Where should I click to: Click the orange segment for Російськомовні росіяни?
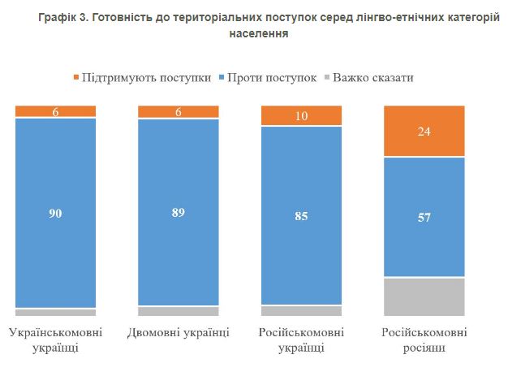[424, 131]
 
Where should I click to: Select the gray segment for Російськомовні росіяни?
[424, 296]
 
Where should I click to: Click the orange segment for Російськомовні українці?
[301, 116]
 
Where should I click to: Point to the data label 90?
[56, 214]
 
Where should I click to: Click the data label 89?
[179, 213]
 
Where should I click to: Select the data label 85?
[301, 216]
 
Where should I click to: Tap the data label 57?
[424, 217]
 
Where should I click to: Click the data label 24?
[424, 131]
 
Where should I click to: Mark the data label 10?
[301, 116]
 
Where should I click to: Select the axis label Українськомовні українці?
[56, 340]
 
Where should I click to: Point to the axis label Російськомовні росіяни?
[424, 340]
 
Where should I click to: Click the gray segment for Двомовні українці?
[179, 311]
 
